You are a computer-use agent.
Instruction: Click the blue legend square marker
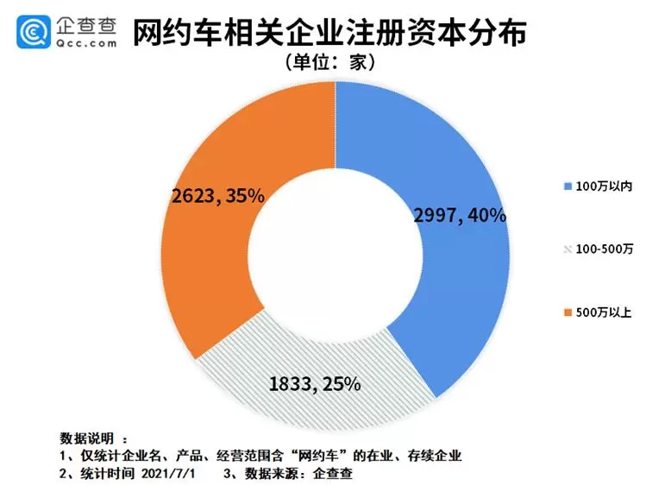click(x=566, y=186)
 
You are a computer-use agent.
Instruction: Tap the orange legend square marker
click(x=566, y=312)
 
